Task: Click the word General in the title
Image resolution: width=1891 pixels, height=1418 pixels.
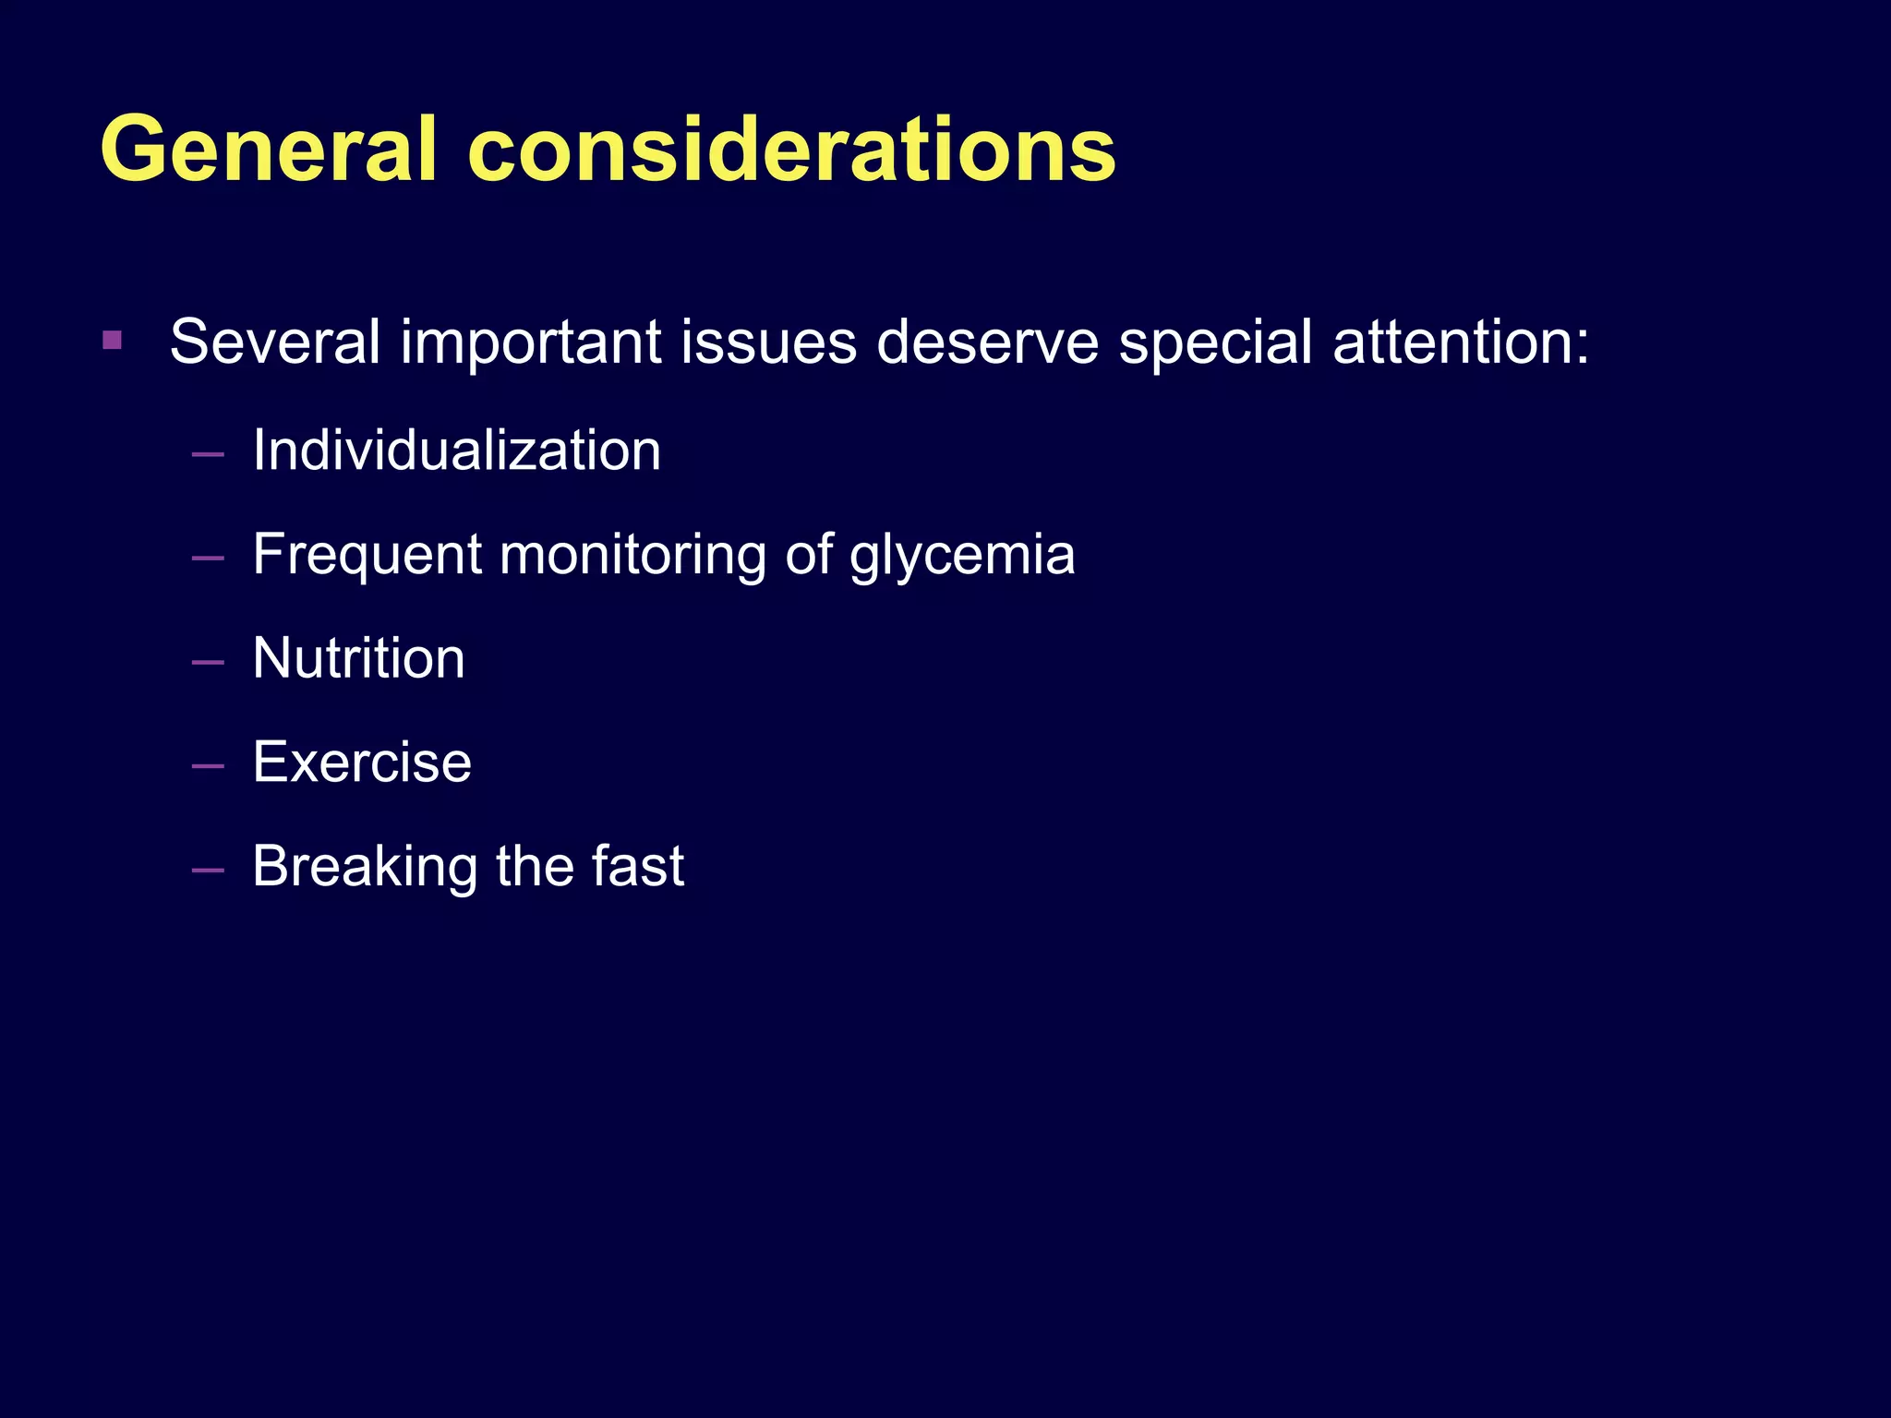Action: tap(268, 150)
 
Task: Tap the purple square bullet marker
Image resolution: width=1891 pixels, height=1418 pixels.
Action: tap(113, 341)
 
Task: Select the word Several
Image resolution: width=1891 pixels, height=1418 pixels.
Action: tap(274, 342)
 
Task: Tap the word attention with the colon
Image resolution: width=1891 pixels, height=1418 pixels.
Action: tap(1461, 342)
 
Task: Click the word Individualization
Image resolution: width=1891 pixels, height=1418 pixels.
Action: tap(456, 451)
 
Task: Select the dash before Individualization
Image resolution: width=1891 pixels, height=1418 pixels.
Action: tap(208, 454)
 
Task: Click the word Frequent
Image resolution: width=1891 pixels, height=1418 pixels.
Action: tap(367, 556)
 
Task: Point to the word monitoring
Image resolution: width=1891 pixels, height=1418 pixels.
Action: tap(633, 556)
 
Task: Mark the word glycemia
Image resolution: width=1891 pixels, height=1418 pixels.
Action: tap(962, 556)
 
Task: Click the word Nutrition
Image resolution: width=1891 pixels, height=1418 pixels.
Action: tap(358, 658)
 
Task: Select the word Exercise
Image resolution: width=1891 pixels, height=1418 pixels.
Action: tap(362, 763)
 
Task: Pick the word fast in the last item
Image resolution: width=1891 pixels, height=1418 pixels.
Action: tap(637, 866)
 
